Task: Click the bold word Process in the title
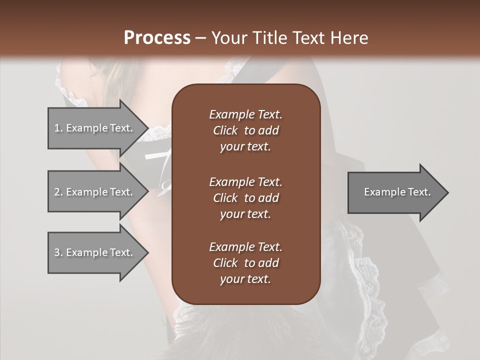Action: [x=157, y=38]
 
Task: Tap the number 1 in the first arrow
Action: [x=56, y=128]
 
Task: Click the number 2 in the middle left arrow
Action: [x=56, y=192]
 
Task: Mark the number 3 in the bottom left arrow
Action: [x=56, y=252]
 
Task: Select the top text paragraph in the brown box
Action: [x=245, y=130]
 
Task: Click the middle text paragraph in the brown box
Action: [x=245, y=197]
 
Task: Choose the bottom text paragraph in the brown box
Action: [x=245, y=263]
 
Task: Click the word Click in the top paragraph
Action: [x=225, y=130]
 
